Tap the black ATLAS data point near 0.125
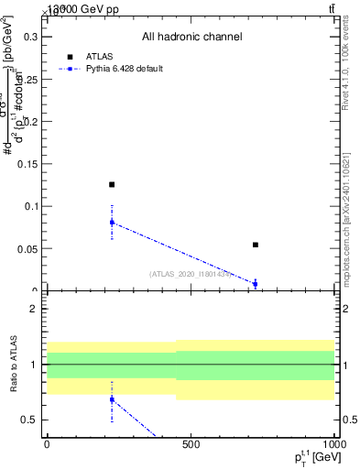tap(112, 185)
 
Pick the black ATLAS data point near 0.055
tap(256, 245)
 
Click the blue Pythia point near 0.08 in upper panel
tap(112, 223)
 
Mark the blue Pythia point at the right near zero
tap(256, 284)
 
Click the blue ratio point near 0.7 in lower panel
tap(112, 399)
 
